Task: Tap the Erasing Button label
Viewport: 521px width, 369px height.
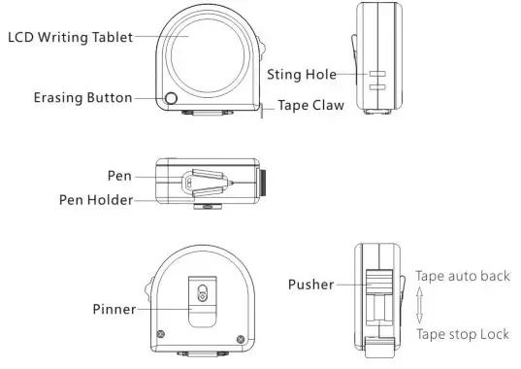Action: (x=82, y=98)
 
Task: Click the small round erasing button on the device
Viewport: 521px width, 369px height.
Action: (x=172, y=98)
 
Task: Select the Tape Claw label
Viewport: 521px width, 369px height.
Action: (x=311, y=106)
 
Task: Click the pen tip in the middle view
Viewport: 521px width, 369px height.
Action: (x=232, y=181)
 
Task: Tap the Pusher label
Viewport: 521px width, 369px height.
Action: (x=310, y=285)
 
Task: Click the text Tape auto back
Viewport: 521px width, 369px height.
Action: (x=462, y=276)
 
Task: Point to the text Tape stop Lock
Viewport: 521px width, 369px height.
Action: (x=463, y=334)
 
